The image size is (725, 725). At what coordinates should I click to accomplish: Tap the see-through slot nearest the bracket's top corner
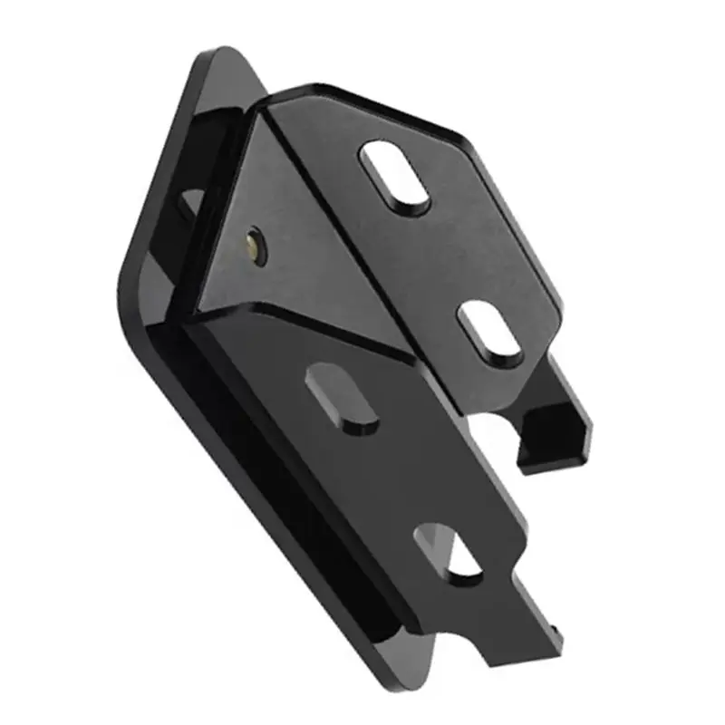point(395,177)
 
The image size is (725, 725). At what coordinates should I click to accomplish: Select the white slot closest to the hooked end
point(490,333)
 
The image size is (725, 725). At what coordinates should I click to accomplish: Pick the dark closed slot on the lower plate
point(342,395)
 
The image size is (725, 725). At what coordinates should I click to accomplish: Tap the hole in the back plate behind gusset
point(190,203)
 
